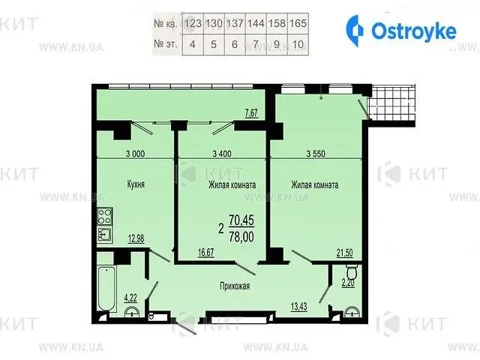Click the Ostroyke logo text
click(x=413, y=31)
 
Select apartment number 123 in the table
click(x=193, y=23)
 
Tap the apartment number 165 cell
click(x=298, y=23)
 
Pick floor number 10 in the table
click(x=298, y=44)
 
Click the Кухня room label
click(x=136, y=184)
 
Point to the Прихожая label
click(x=235, y=286)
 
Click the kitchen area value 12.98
click(x=136, y=238)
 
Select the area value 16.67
click(x=205, y=253)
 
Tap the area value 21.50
click(x=344, y=253)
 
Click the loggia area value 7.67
click(x=251, y=113)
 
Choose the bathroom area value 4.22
click(x=130, y=298)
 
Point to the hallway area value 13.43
click(x=298, y=307)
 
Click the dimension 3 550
click(x=316, y=154)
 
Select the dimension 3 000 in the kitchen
click(x=135, y=154)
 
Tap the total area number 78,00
click(x=241, y=237)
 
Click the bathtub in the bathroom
click(x=106, y=289)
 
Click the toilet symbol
click(x=351, y=271)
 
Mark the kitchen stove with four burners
click(x=105, y=216)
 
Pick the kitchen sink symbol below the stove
click(x=105, y=235)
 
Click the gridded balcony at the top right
click(x=391, y=103)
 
